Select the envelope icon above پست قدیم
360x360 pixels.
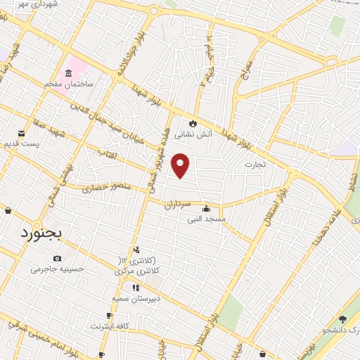pos(23,132)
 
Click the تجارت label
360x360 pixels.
pos(255,165)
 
